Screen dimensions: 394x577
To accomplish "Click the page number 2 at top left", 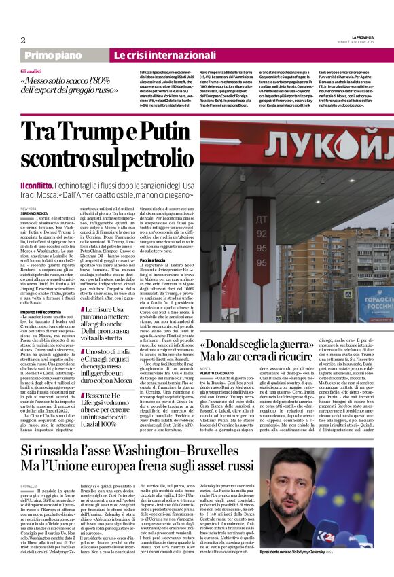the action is pyautogui.click(x=22, y=40).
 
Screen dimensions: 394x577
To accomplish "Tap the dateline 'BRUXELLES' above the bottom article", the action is pyautogui.click(x=30, y=487).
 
